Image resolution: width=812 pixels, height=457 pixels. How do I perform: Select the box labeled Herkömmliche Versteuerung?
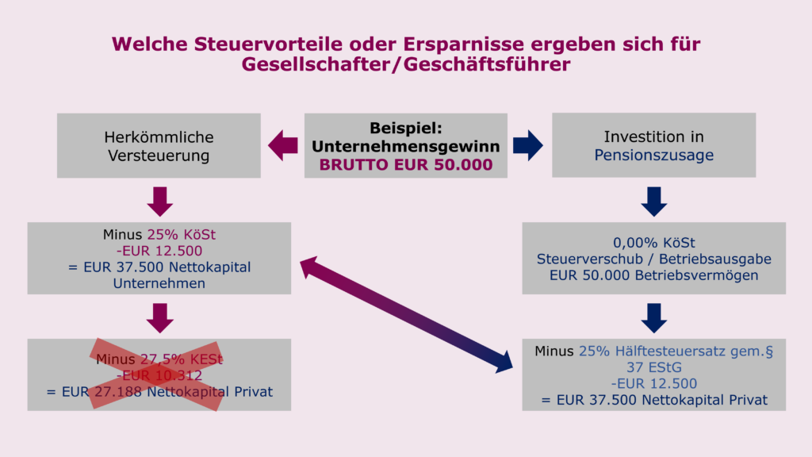click(x=159, y=146)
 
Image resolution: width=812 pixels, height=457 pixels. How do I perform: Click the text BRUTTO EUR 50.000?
click(x=406, y=165)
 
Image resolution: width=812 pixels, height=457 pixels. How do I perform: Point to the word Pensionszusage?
click(x=653, y=155)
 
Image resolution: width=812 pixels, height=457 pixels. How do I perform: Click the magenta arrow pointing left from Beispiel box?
click(x=283, y=146)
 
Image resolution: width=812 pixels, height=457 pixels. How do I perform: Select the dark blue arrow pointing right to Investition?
click(x=528, y=146)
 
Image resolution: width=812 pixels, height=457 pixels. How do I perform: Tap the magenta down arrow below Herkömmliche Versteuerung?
click(x=160, y=202)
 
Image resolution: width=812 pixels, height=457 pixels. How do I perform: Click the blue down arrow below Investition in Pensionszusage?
click(x=654, y=202)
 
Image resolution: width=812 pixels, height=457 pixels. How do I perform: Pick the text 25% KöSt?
click(x=182, y=235)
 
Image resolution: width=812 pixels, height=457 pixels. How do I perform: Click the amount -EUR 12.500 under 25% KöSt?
click(x=159, y=251)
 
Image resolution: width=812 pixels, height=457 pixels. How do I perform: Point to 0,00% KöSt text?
click(x=654, y=243)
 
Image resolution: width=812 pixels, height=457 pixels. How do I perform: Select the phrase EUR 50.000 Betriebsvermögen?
click(x=654, y=275)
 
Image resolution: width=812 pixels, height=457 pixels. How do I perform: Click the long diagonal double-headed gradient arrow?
click(x=406, y=315)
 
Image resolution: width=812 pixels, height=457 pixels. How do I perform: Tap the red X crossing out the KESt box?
click(x=156, y=375)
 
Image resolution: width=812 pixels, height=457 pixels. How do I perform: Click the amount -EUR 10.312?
click(x=159, y=375)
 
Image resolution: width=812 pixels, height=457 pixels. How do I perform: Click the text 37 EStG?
click(x=654, y=367)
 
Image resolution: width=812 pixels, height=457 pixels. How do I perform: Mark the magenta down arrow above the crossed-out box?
click(x=160, y=318)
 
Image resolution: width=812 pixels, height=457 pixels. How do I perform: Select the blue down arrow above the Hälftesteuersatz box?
click(x=654, y=318)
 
